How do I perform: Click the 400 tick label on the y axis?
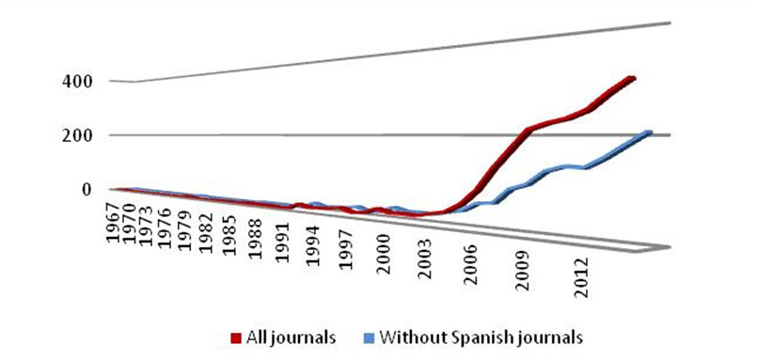pyautogui.click(x=78, y=82)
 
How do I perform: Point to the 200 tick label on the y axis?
pyautogui.click(x=78, y=135)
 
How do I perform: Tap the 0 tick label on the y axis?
pyautogui.click(x=86, y=189)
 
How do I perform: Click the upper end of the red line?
pyautogui.click(x=633, y=78)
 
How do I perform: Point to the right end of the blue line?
pyautogui.click(x=648, y=133)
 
